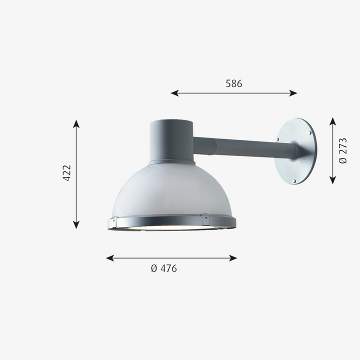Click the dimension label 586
tap(233, 83)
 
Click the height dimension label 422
tap(67, 173)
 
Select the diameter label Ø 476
tap(164, 268)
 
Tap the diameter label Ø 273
tap(343, 150)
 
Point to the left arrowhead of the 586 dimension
tap(174, 93)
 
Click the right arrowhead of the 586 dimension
tap(293, 93)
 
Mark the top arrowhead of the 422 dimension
tap(76, 124)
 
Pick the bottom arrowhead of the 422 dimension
tap(76, 225)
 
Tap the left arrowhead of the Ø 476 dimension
tap(110, 258)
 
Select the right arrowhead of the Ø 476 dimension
tap(233, 258)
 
